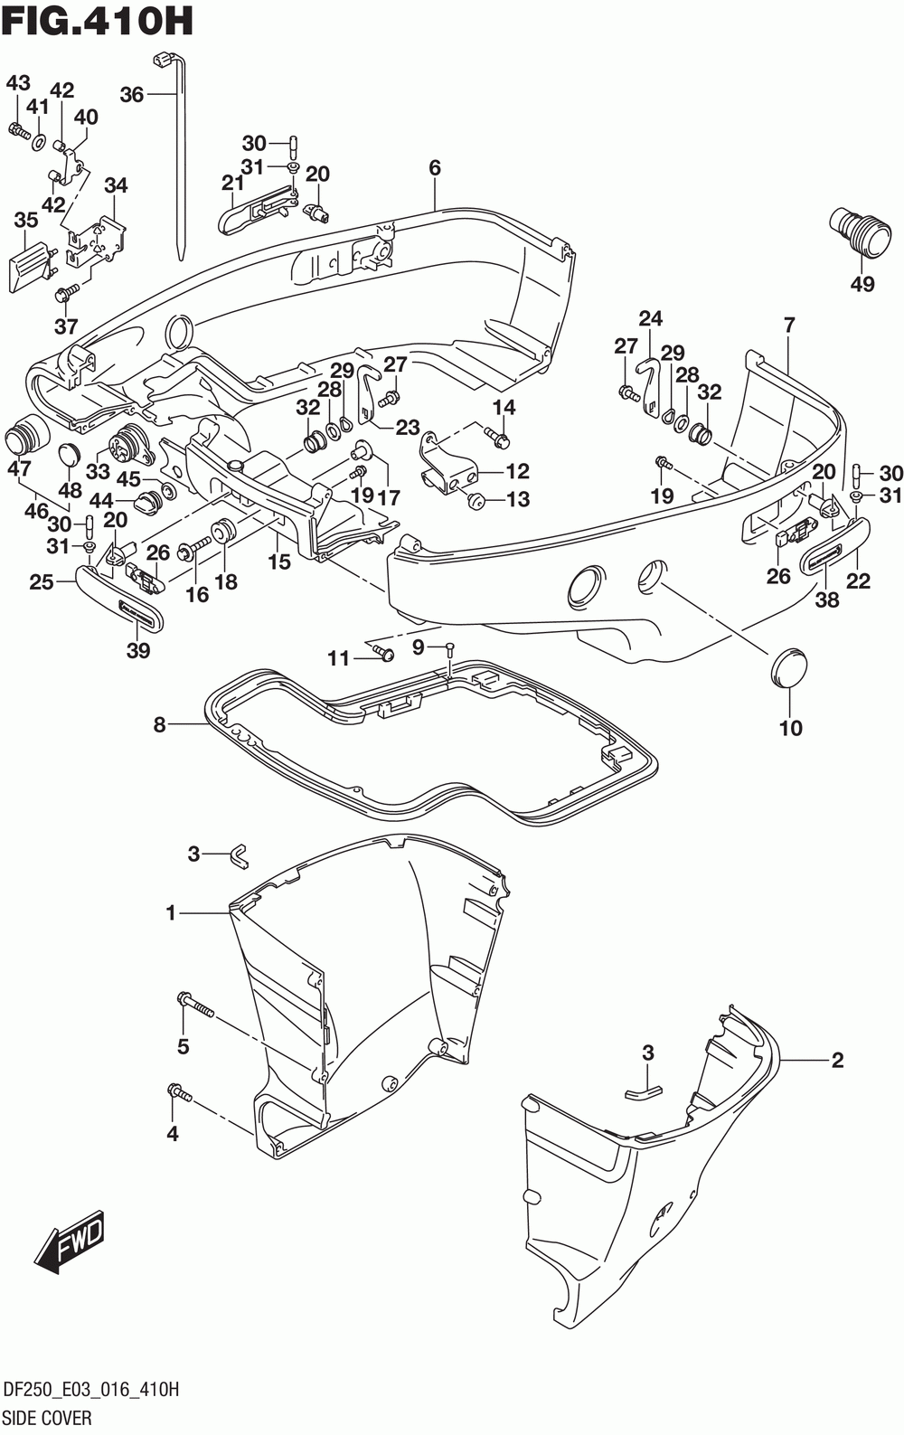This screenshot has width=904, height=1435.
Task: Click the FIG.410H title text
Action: point(98,21)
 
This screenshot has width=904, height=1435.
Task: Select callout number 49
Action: point(862,283)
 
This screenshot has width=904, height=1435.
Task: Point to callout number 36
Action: point(132,95)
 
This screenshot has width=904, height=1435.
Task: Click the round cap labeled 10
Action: point(788,667)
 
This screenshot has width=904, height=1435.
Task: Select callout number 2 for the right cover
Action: point(837,1061)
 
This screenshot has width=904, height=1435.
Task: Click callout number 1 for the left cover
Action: point(171,913)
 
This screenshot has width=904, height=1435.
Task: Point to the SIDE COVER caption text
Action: point(48,1418)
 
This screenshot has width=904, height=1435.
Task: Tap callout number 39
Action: point(138,650)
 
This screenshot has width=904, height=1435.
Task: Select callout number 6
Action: point(435,168)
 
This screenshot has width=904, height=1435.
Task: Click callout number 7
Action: point(788,325)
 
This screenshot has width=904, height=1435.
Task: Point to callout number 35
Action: point(26,220)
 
